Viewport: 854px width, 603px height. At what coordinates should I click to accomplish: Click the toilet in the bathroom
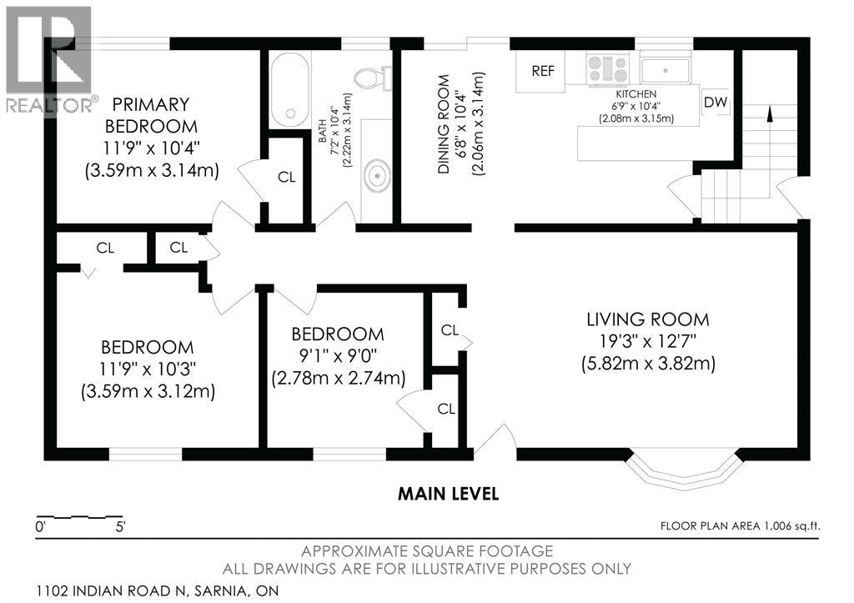point(373,78)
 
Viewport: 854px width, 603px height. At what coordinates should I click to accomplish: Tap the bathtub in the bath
point(290,89)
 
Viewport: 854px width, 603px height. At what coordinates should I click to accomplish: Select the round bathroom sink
point(376,176)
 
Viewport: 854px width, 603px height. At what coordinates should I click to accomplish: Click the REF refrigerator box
point(542,71)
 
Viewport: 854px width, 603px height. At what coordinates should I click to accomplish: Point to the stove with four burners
point(608,69)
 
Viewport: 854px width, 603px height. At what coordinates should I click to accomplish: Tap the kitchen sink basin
point(665,70)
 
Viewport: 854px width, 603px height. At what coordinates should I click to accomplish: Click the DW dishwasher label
point(715,102)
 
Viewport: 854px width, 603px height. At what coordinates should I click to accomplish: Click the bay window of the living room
point(685,469)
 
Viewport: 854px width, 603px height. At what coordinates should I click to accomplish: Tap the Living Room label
point(647,319)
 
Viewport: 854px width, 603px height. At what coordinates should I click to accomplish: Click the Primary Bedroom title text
point(151,115)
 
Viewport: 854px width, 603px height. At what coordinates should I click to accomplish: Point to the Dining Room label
point(444,124)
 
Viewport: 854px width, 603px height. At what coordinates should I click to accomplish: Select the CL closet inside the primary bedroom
point(287,177)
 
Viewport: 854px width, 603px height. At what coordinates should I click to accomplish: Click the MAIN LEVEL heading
point(448,494)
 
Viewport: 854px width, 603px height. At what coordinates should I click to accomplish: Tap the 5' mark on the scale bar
point(119,527)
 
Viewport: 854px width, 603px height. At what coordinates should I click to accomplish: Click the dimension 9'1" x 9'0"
point(339,355)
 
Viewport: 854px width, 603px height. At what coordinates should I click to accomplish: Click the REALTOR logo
point(48,60)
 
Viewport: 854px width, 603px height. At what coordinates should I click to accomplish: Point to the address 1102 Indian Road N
point(112,590)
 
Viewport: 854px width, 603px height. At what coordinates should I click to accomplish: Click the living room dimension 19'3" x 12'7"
point(647,342)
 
